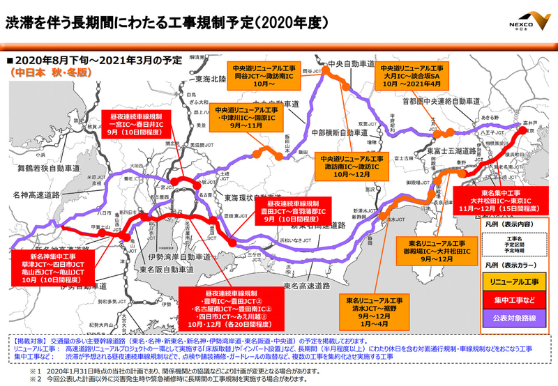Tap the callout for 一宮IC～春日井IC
click(x=137, y=125)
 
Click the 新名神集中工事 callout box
click(x=61, y=270)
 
